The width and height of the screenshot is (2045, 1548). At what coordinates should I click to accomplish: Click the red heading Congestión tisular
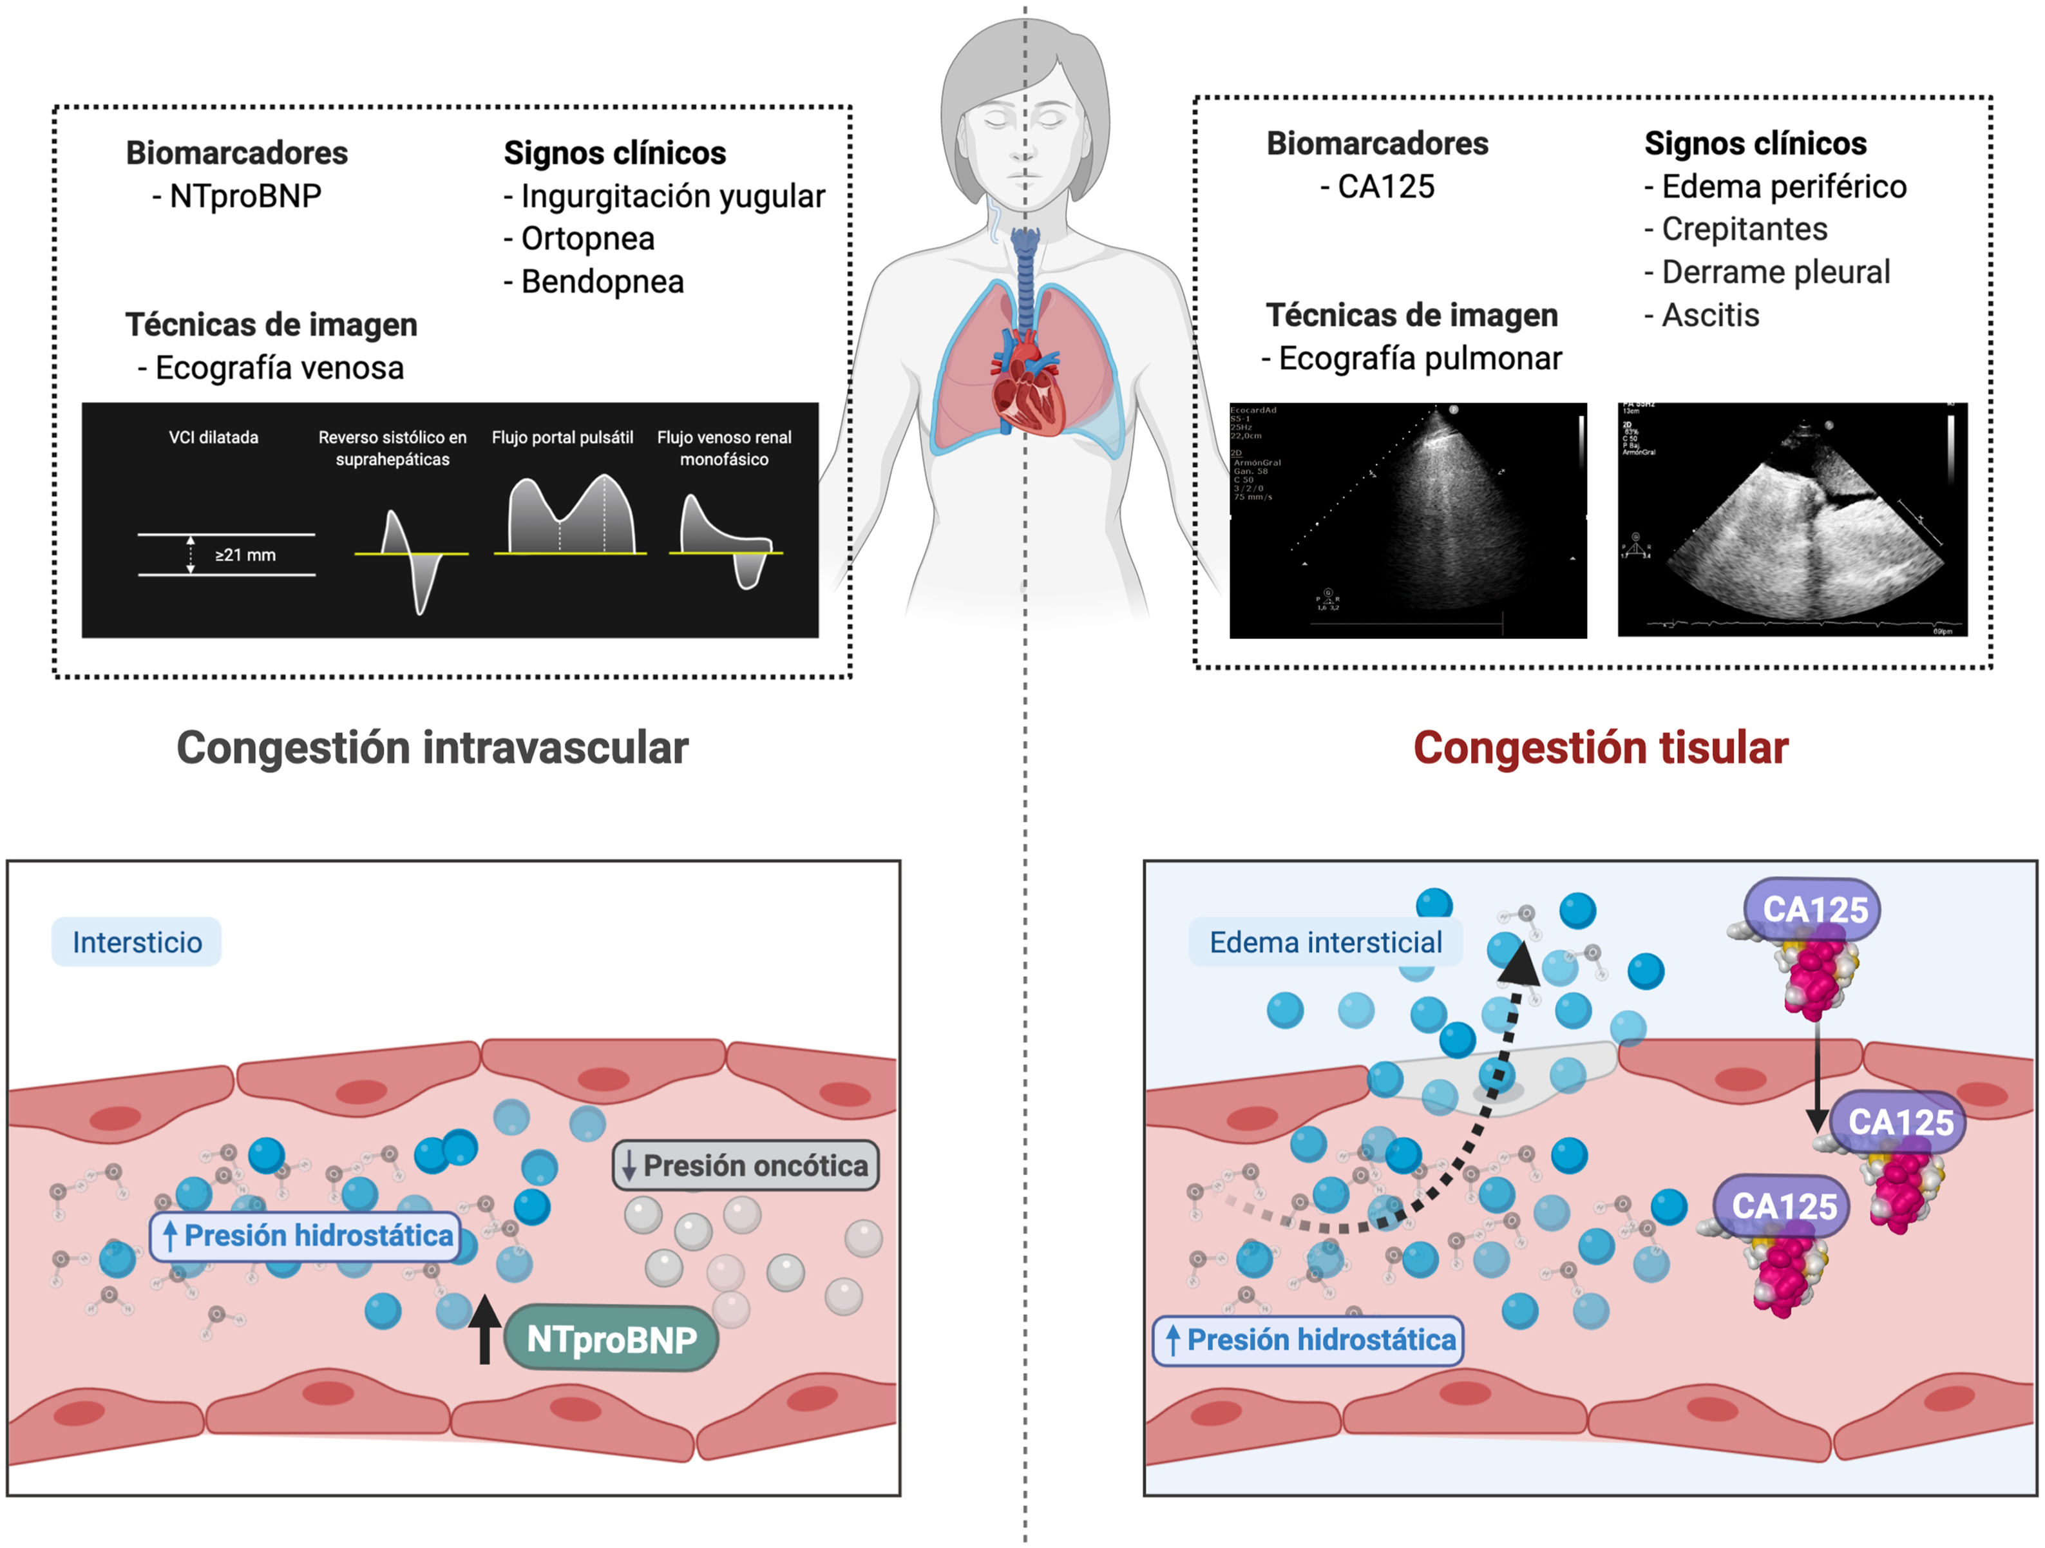[x=1601, y=747]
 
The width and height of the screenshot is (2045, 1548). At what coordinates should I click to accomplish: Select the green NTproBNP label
[x=611, y=1339]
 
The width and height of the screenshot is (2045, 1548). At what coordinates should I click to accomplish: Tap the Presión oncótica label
[x=745, y=1165]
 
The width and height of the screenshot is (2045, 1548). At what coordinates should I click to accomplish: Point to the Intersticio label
[x=137, y=942]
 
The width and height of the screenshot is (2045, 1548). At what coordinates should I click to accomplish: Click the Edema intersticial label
[x=1325, y=942]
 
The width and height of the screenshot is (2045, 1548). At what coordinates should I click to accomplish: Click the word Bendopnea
[x=602, y=281]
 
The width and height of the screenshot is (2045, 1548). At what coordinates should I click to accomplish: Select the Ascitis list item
[x=1709, y=316]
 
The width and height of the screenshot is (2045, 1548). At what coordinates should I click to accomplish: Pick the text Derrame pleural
[x=1775, y=272]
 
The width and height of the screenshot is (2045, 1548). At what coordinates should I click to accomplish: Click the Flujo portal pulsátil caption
[x=562, y=437]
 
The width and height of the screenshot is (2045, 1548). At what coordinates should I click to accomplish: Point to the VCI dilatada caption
[x=214, y=437]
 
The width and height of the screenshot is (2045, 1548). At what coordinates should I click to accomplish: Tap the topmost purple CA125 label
[x=1814, y=909]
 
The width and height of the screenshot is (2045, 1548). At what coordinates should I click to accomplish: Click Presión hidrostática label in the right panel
[x=1309, y=1340]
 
